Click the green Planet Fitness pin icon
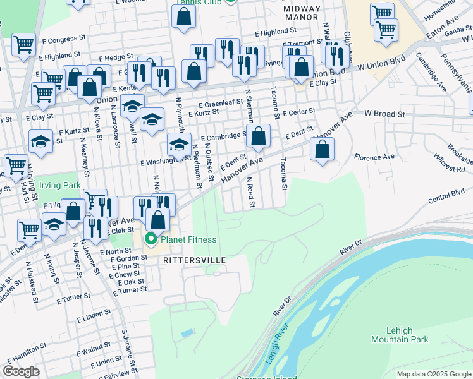[x=150, y=239]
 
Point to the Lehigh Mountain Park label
[x=408, y=335]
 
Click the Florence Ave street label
[x=374, y=157]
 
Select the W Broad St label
[x=384, y=114]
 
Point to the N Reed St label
[x=250, y=193]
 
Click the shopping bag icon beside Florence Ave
[x=322, y=150]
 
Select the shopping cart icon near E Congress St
[x=23, y=45]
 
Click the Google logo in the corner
[x=21, y=371]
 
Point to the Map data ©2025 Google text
[x=433, y=374]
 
